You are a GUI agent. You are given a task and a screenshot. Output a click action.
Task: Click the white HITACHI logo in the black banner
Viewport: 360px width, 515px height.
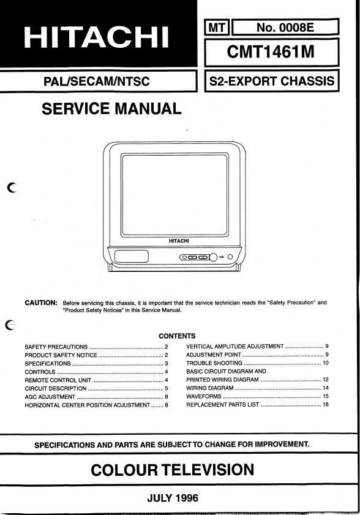coord(96,37)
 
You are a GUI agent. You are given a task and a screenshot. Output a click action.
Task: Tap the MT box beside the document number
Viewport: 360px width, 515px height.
coord(217,28)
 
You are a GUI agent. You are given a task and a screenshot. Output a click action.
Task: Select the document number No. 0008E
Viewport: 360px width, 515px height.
coord(285,28)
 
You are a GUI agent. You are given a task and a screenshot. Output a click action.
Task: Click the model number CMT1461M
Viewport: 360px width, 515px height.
coord(271,51)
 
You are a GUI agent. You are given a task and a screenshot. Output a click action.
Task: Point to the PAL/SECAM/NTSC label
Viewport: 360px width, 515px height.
coord(97,81)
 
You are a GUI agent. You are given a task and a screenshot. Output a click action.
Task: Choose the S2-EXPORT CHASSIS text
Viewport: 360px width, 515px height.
coord(272,81)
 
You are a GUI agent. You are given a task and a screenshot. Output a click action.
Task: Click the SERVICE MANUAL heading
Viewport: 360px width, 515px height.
coord(111,109)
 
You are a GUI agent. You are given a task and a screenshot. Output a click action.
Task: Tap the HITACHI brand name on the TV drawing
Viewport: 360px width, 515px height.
coord(179,241)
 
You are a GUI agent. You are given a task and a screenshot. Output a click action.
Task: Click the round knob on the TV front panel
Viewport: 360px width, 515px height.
coord(213,257)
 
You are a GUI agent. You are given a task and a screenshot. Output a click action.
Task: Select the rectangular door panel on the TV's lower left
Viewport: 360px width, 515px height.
coord(132,256)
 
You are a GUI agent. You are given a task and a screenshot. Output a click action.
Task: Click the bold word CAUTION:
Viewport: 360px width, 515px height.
coord(41,303)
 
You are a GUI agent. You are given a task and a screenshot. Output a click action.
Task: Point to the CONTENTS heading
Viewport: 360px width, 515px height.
coord(177,336)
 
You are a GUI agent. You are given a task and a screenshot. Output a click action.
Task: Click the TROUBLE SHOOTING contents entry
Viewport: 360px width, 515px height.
coord(214,363)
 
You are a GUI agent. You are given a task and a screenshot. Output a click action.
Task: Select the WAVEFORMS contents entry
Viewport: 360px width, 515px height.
coord(204,396)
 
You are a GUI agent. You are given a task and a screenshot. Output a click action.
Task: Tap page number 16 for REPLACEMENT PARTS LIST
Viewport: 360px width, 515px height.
coord(326,404)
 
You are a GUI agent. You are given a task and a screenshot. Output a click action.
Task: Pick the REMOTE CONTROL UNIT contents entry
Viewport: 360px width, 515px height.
coord(58,380)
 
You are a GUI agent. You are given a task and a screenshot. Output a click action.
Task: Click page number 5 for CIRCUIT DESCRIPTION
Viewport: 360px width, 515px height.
coord(167,388)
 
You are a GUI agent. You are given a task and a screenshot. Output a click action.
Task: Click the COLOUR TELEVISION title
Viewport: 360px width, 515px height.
coord(173,470)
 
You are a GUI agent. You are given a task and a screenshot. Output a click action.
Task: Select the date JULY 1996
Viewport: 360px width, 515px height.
coord(173,498)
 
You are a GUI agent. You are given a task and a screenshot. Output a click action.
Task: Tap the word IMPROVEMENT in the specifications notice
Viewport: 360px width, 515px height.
coord(282,445)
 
